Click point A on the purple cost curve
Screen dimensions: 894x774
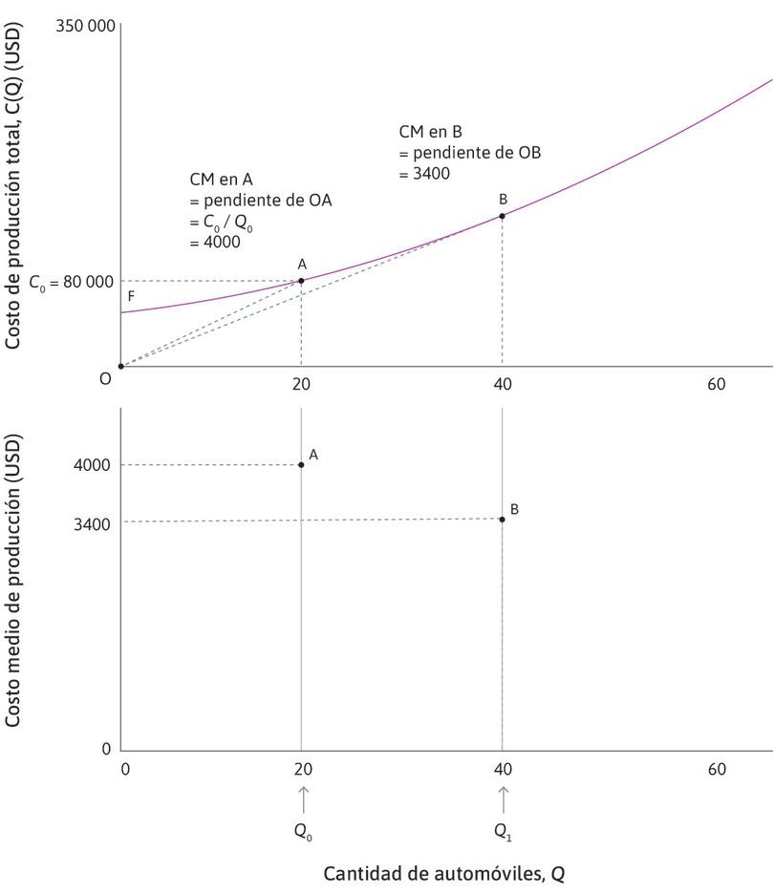[x=301, y=281]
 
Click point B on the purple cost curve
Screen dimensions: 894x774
[x=502, y=216]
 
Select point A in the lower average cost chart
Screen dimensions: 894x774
[x=301, y=465]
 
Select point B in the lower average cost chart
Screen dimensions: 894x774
[x=502, y=520]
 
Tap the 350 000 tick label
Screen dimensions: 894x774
[x=86, y=26]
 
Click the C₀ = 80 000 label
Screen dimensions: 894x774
[x=71, y=282]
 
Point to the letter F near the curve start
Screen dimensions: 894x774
[x=131, y=296]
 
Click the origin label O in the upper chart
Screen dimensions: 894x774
[x=106, y=378]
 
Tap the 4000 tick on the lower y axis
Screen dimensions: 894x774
[x=94, y=465]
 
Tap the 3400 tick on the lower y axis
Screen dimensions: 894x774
[x=94, y=523]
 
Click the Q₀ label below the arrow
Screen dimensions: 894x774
[x=303, y=831]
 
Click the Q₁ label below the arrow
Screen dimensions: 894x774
[x=503, y=831]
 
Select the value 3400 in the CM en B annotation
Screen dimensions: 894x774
[x=424, y=174]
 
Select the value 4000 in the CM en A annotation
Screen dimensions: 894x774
[x=215, y=242]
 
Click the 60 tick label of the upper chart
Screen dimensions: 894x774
[x=716, y=384]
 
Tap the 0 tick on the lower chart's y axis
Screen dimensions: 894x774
[x=106, y=749]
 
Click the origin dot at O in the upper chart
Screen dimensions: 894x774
[x=120, y=366]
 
